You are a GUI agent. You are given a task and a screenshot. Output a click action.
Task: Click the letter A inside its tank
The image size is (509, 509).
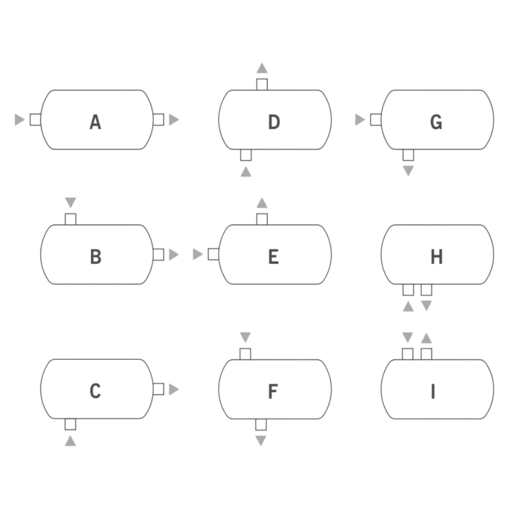click(x=95, y=122)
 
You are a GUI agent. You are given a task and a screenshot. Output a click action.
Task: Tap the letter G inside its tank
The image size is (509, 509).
click(x=436, y=122)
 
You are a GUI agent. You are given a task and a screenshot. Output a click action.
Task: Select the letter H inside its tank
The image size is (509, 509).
click(x=437, y=257)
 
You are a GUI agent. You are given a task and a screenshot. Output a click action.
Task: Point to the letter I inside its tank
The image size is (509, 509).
click(x=433, y=391)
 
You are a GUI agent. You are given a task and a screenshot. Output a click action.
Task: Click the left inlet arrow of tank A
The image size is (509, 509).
click(x=19, y=120)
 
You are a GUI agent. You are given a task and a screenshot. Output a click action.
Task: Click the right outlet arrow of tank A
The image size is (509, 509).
click(x=174, y=120)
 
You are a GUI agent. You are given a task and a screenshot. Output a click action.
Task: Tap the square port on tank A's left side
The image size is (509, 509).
click(x=36, y=120)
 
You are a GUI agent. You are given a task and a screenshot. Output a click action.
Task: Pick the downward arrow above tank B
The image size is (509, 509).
click(x=70, y=202)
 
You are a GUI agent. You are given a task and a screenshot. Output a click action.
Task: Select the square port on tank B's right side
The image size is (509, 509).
click(x=158, y=254)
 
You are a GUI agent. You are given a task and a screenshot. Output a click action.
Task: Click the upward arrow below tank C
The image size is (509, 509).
click(x=70, y=441)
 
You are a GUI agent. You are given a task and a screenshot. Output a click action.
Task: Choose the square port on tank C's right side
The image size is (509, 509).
click(x=158, y=389)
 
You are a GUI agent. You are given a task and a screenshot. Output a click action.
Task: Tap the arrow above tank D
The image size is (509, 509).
click(x=262, y=68)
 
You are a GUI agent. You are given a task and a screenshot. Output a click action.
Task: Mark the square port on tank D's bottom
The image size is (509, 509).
click(x=246, y=155)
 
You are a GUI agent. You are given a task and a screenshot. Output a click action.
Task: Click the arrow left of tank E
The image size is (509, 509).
click(x=197, y=254)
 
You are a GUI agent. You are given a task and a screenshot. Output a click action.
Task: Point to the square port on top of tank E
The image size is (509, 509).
click(x=262, y=219)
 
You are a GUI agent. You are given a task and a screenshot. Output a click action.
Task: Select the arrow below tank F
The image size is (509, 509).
click(x=261, y=440)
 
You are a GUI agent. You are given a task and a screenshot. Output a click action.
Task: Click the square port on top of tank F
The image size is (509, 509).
click(x=245, y=354)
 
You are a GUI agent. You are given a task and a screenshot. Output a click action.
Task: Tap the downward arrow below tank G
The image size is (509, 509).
click(x=408, y=171)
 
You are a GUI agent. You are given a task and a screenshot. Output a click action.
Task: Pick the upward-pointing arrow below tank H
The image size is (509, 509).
click(x=408, y=306)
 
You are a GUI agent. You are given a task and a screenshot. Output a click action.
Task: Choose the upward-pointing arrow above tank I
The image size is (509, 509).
click(x=426, y=338)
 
